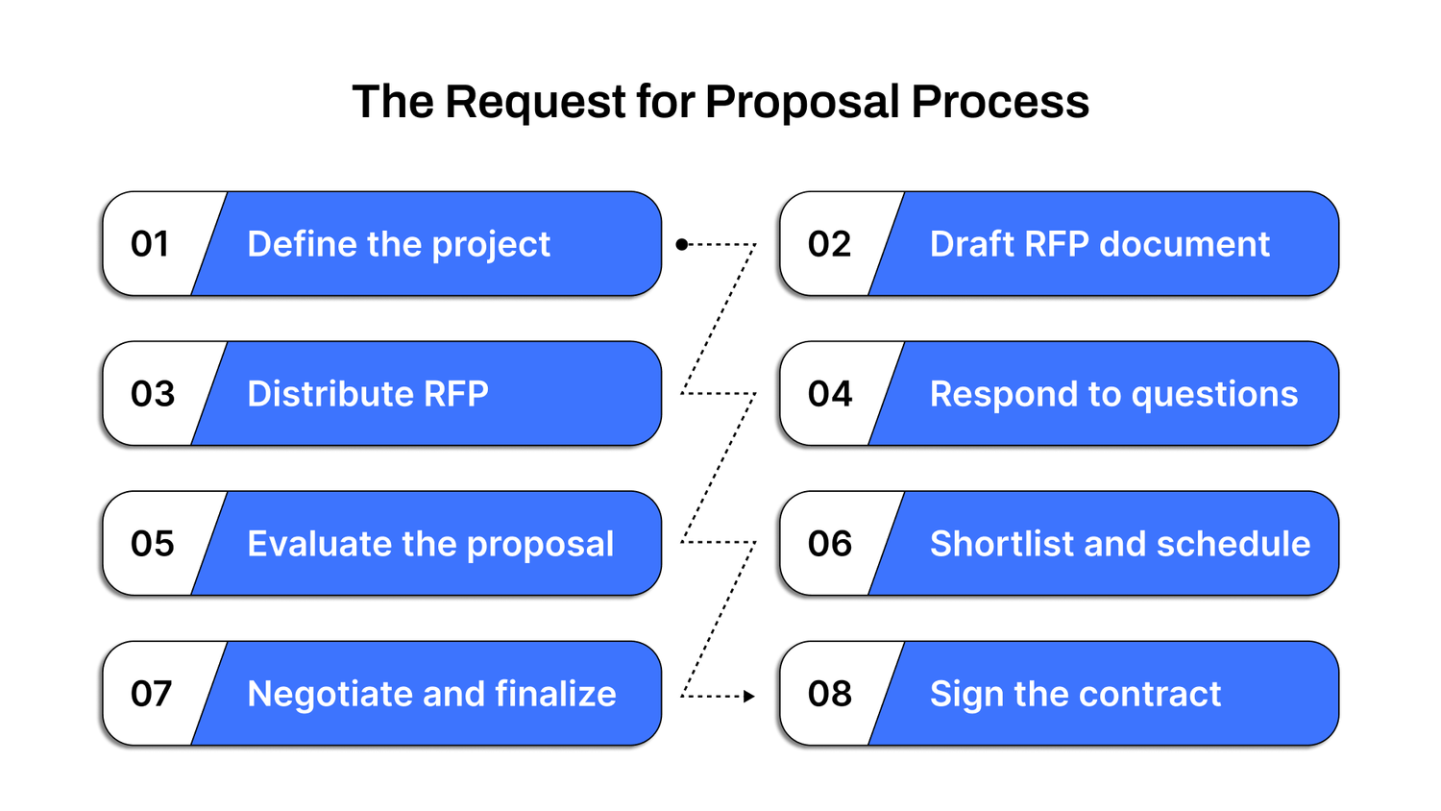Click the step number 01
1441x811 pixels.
pyautogui.click(x=150, y=244)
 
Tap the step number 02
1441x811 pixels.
pyautogui.click(x=829, y=244)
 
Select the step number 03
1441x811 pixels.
pyautogui.click(x=153, y=394)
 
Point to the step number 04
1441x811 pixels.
pyautogui.click(x=830, y=394)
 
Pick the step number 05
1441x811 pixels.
pyautogui.click(x=153, y=544)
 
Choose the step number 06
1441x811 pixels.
pyautogui.click(x=830, y=544)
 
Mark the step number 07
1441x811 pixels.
pyautogui.click(x=152, y=694)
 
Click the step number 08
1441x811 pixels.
pyautogui.click(x=830, y=694)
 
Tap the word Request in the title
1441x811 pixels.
pyautogui.click(x=535, y=103)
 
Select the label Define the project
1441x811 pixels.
pyautogui.click(x=399, y=245)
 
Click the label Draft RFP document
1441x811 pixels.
pyautogui.click(x=1100, y=244)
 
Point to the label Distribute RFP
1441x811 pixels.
pyautogui.click(x=368, y=394)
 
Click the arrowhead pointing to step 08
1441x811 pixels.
pyautogui.click(x=749, y=696)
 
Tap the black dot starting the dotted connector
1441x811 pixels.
pyautogui.click(x=681, y=245)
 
